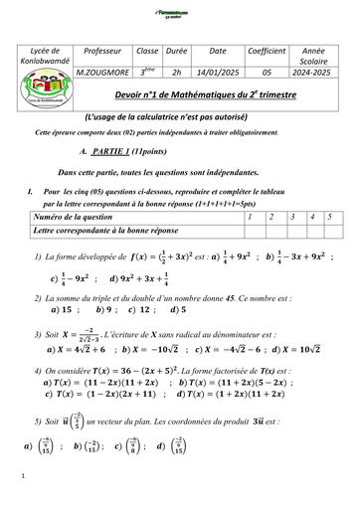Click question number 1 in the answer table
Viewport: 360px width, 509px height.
(253, 216)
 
